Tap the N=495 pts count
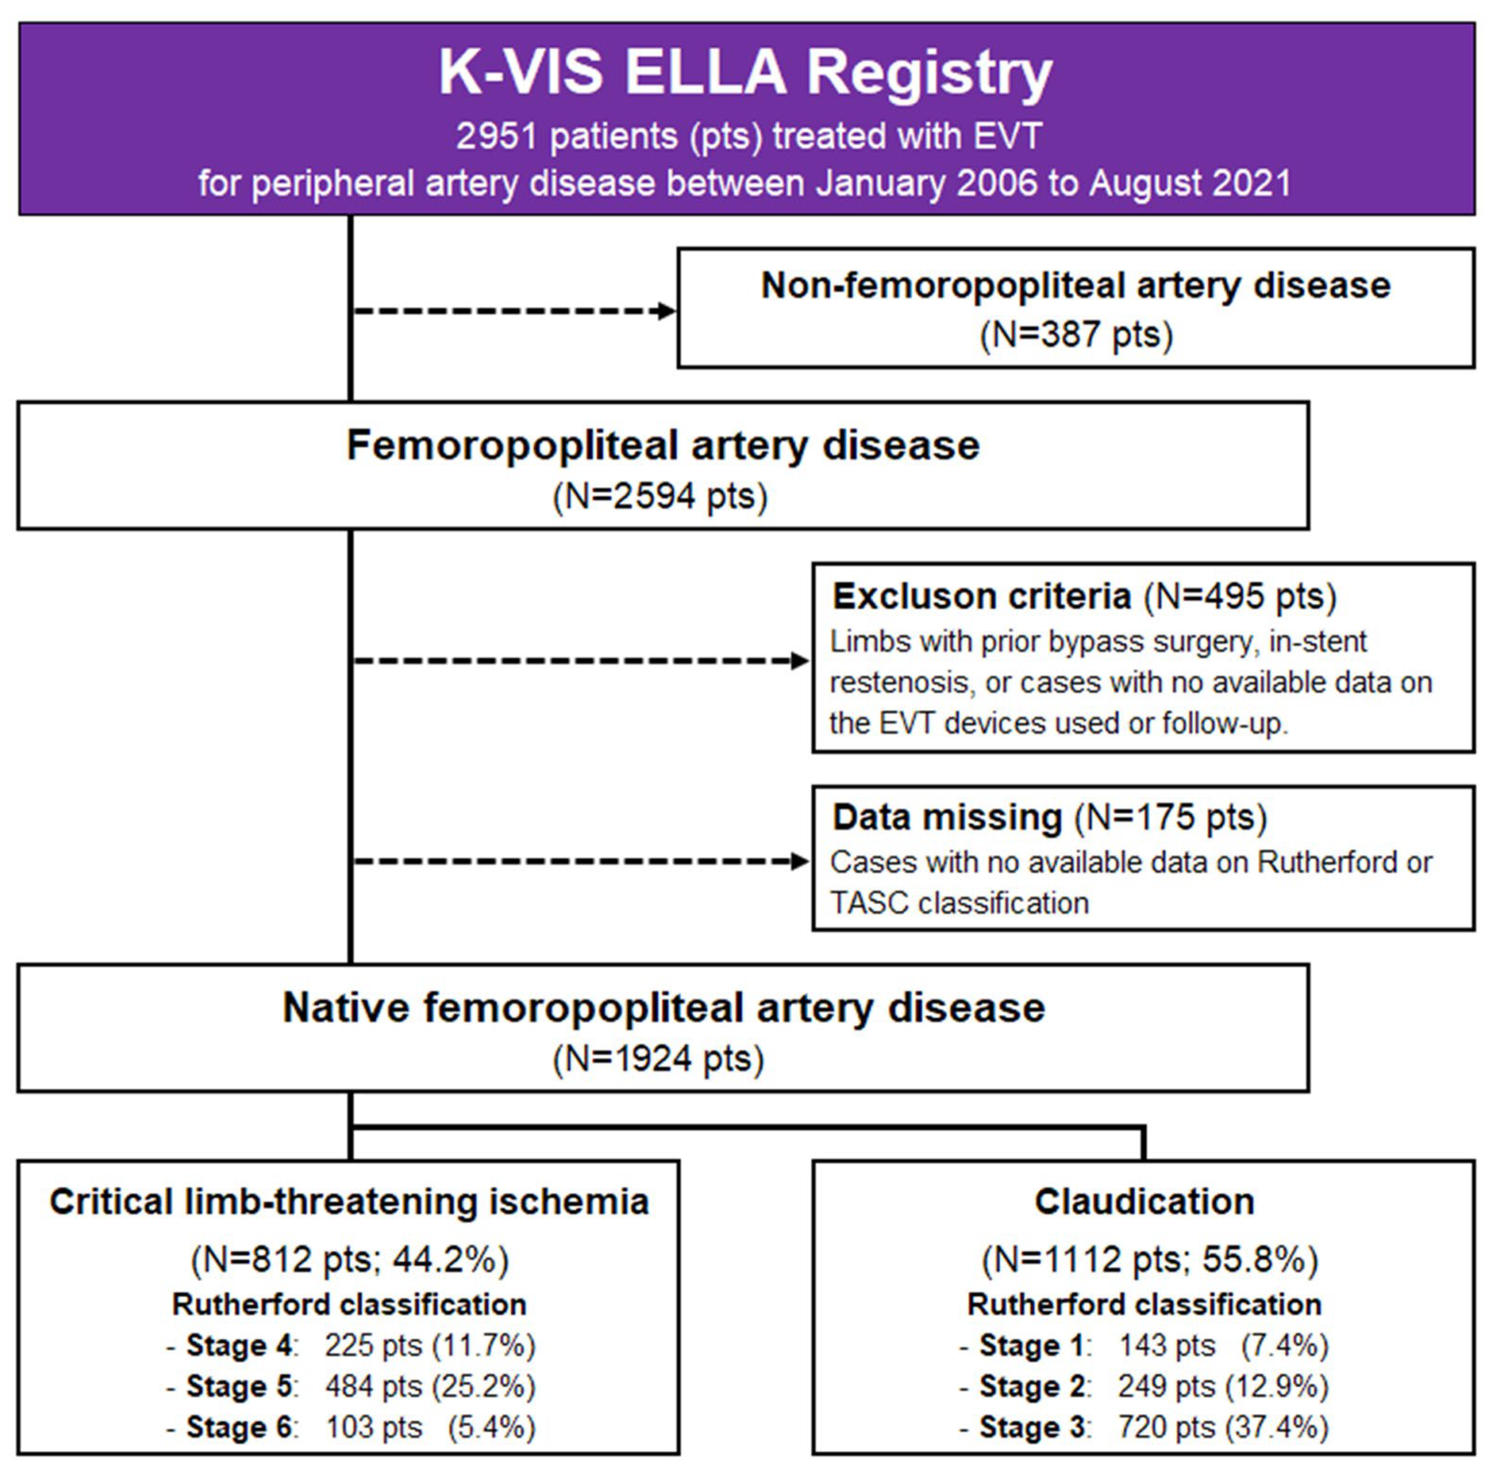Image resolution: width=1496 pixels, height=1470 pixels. click(x=1240, y=597)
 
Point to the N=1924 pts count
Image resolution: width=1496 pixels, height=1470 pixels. click(x=658, y=1058)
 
